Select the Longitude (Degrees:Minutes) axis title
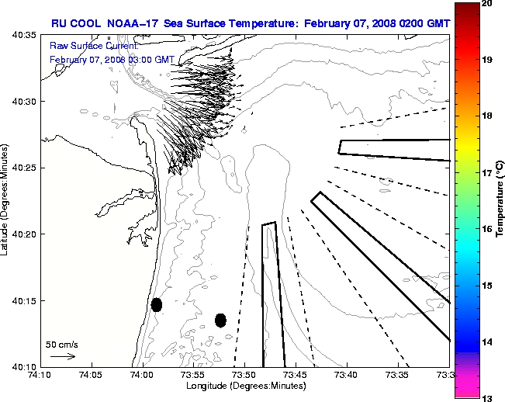(244, 386)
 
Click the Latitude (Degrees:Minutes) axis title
(6, 200)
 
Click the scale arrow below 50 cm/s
(62, 356)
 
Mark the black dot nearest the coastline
(157, 304)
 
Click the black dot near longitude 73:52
(220, 320)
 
